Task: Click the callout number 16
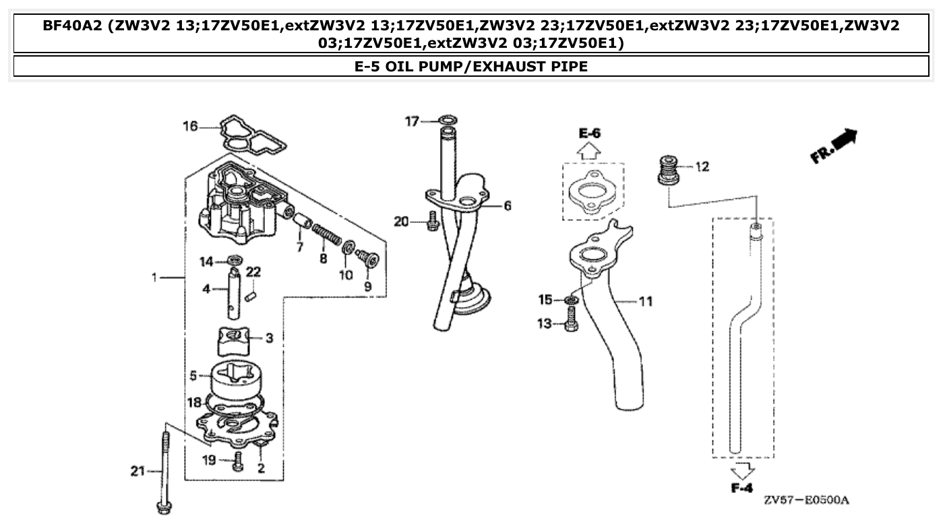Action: (x=190, y=126)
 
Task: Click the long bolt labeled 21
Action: (x=164, y=472)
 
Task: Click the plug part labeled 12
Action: (x=669, y=169)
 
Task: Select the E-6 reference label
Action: (x=589, y=133)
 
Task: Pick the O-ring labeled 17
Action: (x=446, y=121)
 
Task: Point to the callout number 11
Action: (x=645, y=301)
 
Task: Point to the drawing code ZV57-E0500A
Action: (x=806, y=500)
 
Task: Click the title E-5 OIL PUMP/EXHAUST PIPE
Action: (x=471, y=67)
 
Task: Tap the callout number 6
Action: (x=507, y=205)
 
